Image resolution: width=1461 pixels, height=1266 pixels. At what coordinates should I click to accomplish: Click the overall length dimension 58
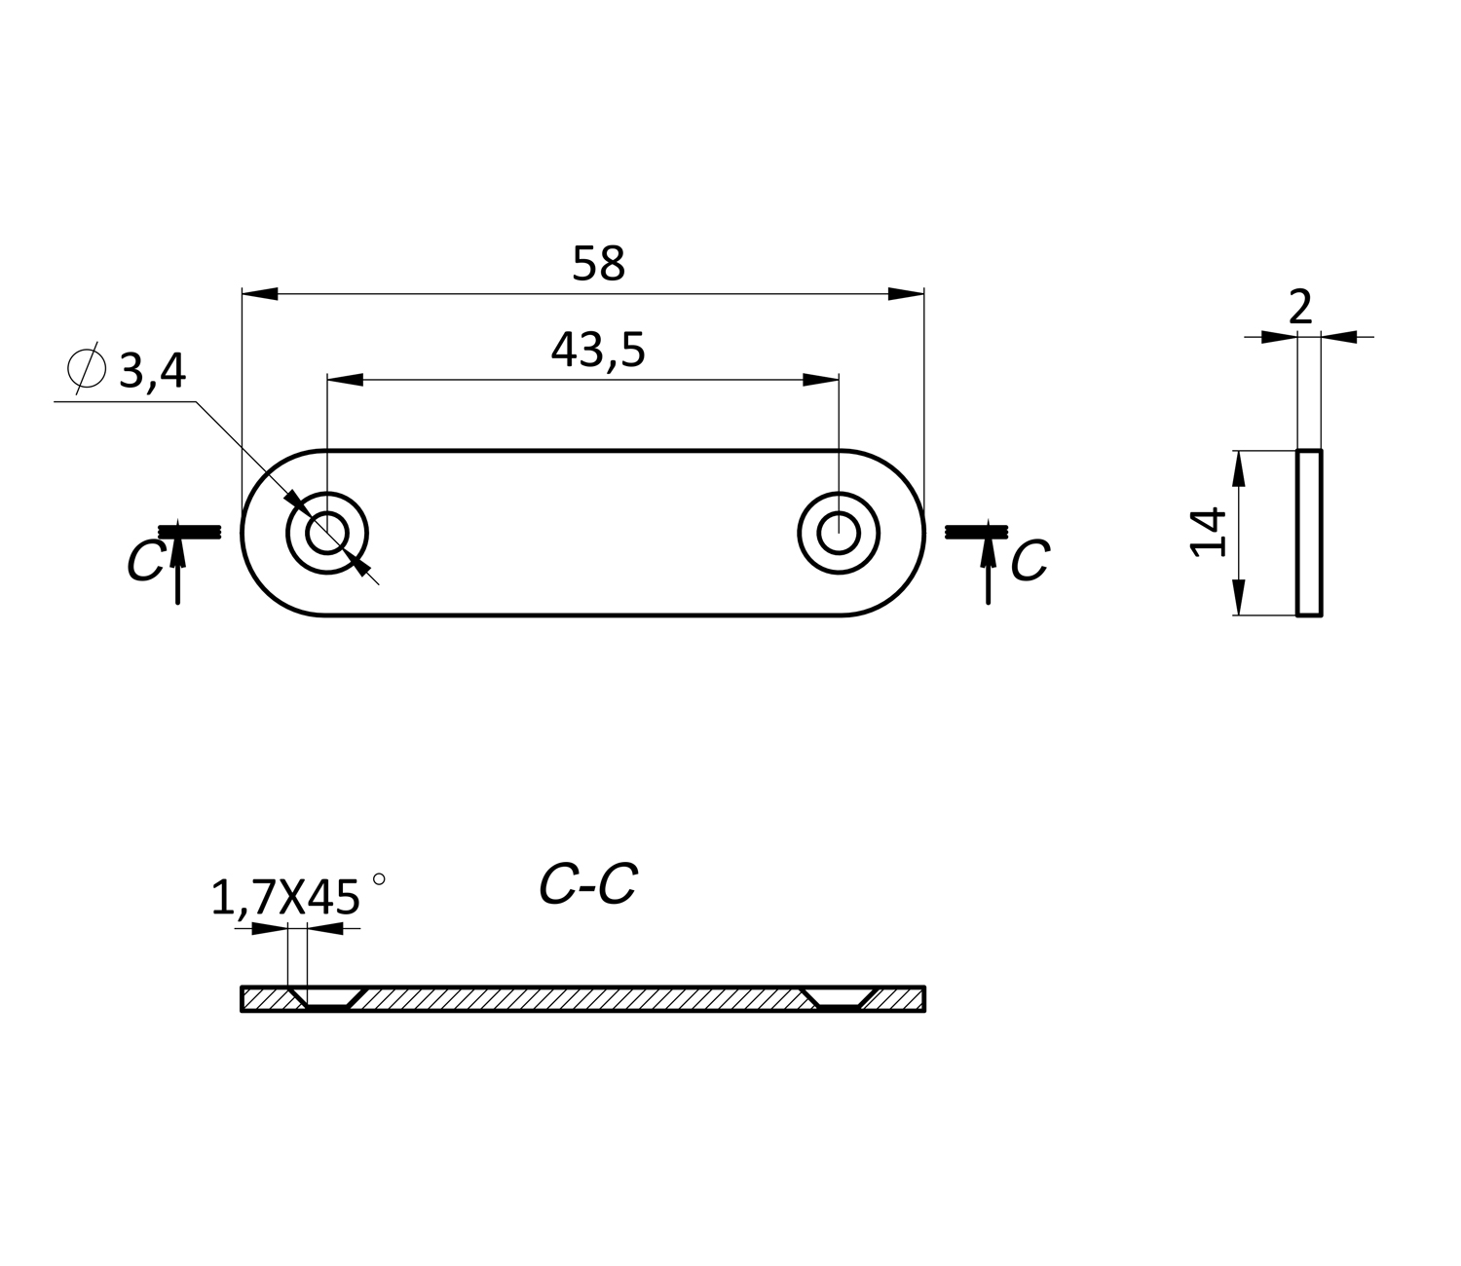(x=598, y=264)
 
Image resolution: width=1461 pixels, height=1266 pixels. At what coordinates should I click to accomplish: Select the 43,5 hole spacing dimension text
(x=598, y=350)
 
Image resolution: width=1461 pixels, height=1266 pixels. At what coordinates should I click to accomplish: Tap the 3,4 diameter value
(x=152, y=370)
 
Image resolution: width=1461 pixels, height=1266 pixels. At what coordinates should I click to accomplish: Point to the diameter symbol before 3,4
(x=87, y=367)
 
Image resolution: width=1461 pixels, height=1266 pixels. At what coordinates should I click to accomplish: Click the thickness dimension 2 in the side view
(x=1300, y=308)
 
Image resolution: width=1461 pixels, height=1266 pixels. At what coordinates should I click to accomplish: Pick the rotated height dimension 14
(x=1208, y=533)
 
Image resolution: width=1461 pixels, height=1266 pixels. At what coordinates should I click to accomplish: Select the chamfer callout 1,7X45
(x=285, y=899)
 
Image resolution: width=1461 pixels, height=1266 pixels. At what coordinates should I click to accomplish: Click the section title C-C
(x=588, y=885)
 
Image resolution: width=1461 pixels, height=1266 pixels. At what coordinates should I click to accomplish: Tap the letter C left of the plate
(x=145, y=561)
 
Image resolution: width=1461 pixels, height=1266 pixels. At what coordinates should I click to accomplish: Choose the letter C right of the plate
(x=1030, y=561)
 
